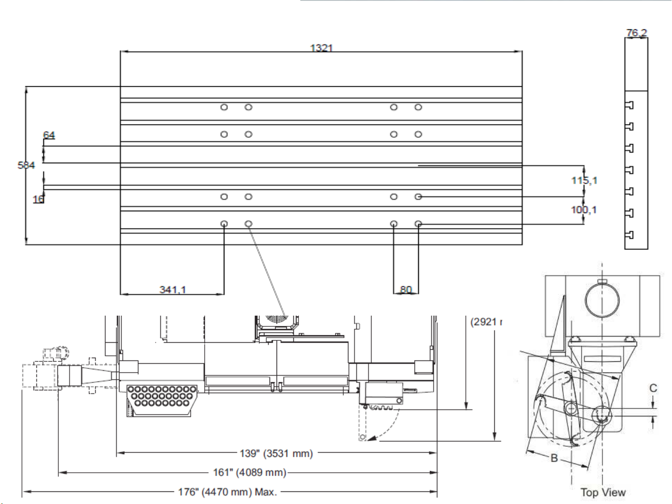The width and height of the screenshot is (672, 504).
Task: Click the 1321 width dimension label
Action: point(321,48)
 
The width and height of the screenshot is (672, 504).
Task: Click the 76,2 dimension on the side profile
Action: point(637,33)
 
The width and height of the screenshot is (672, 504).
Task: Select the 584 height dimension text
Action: point(26,165)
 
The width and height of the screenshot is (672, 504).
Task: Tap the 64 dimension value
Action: point(49,135)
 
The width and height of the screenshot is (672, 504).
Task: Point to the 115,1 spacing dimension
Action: point(584,180)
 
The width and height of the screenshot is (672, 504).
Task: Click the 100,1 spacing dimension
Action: point(584,210)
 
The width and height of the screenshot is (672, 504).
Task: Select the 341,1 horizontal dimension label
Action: point(173,290)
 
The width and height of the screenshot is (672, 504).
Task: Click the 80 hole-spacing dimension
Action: point(406,290)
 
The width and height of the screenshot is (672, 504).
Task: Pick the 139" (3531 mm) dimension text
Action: point(276,453)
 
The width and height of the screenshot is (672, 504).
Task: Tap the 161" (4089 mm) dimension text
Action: point(249,472)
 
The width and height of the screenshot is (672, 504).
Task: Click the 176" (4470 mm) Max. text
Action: point(228,492)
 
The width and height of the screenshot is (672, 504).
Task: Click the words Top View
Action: point(603,492)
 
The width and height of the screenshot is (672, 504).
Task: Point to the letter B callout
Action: point(554,458)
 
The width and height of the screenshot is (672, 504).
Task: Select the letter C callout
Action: point(653,388)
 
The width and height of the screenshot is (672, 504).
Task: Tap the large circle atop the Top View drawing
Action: point(602,300)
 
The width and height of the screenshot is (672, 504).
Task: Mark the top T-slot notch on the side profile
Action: point(629,105)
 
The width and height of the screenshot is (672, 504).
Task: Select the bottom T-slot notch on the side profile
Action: point(629,235)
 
